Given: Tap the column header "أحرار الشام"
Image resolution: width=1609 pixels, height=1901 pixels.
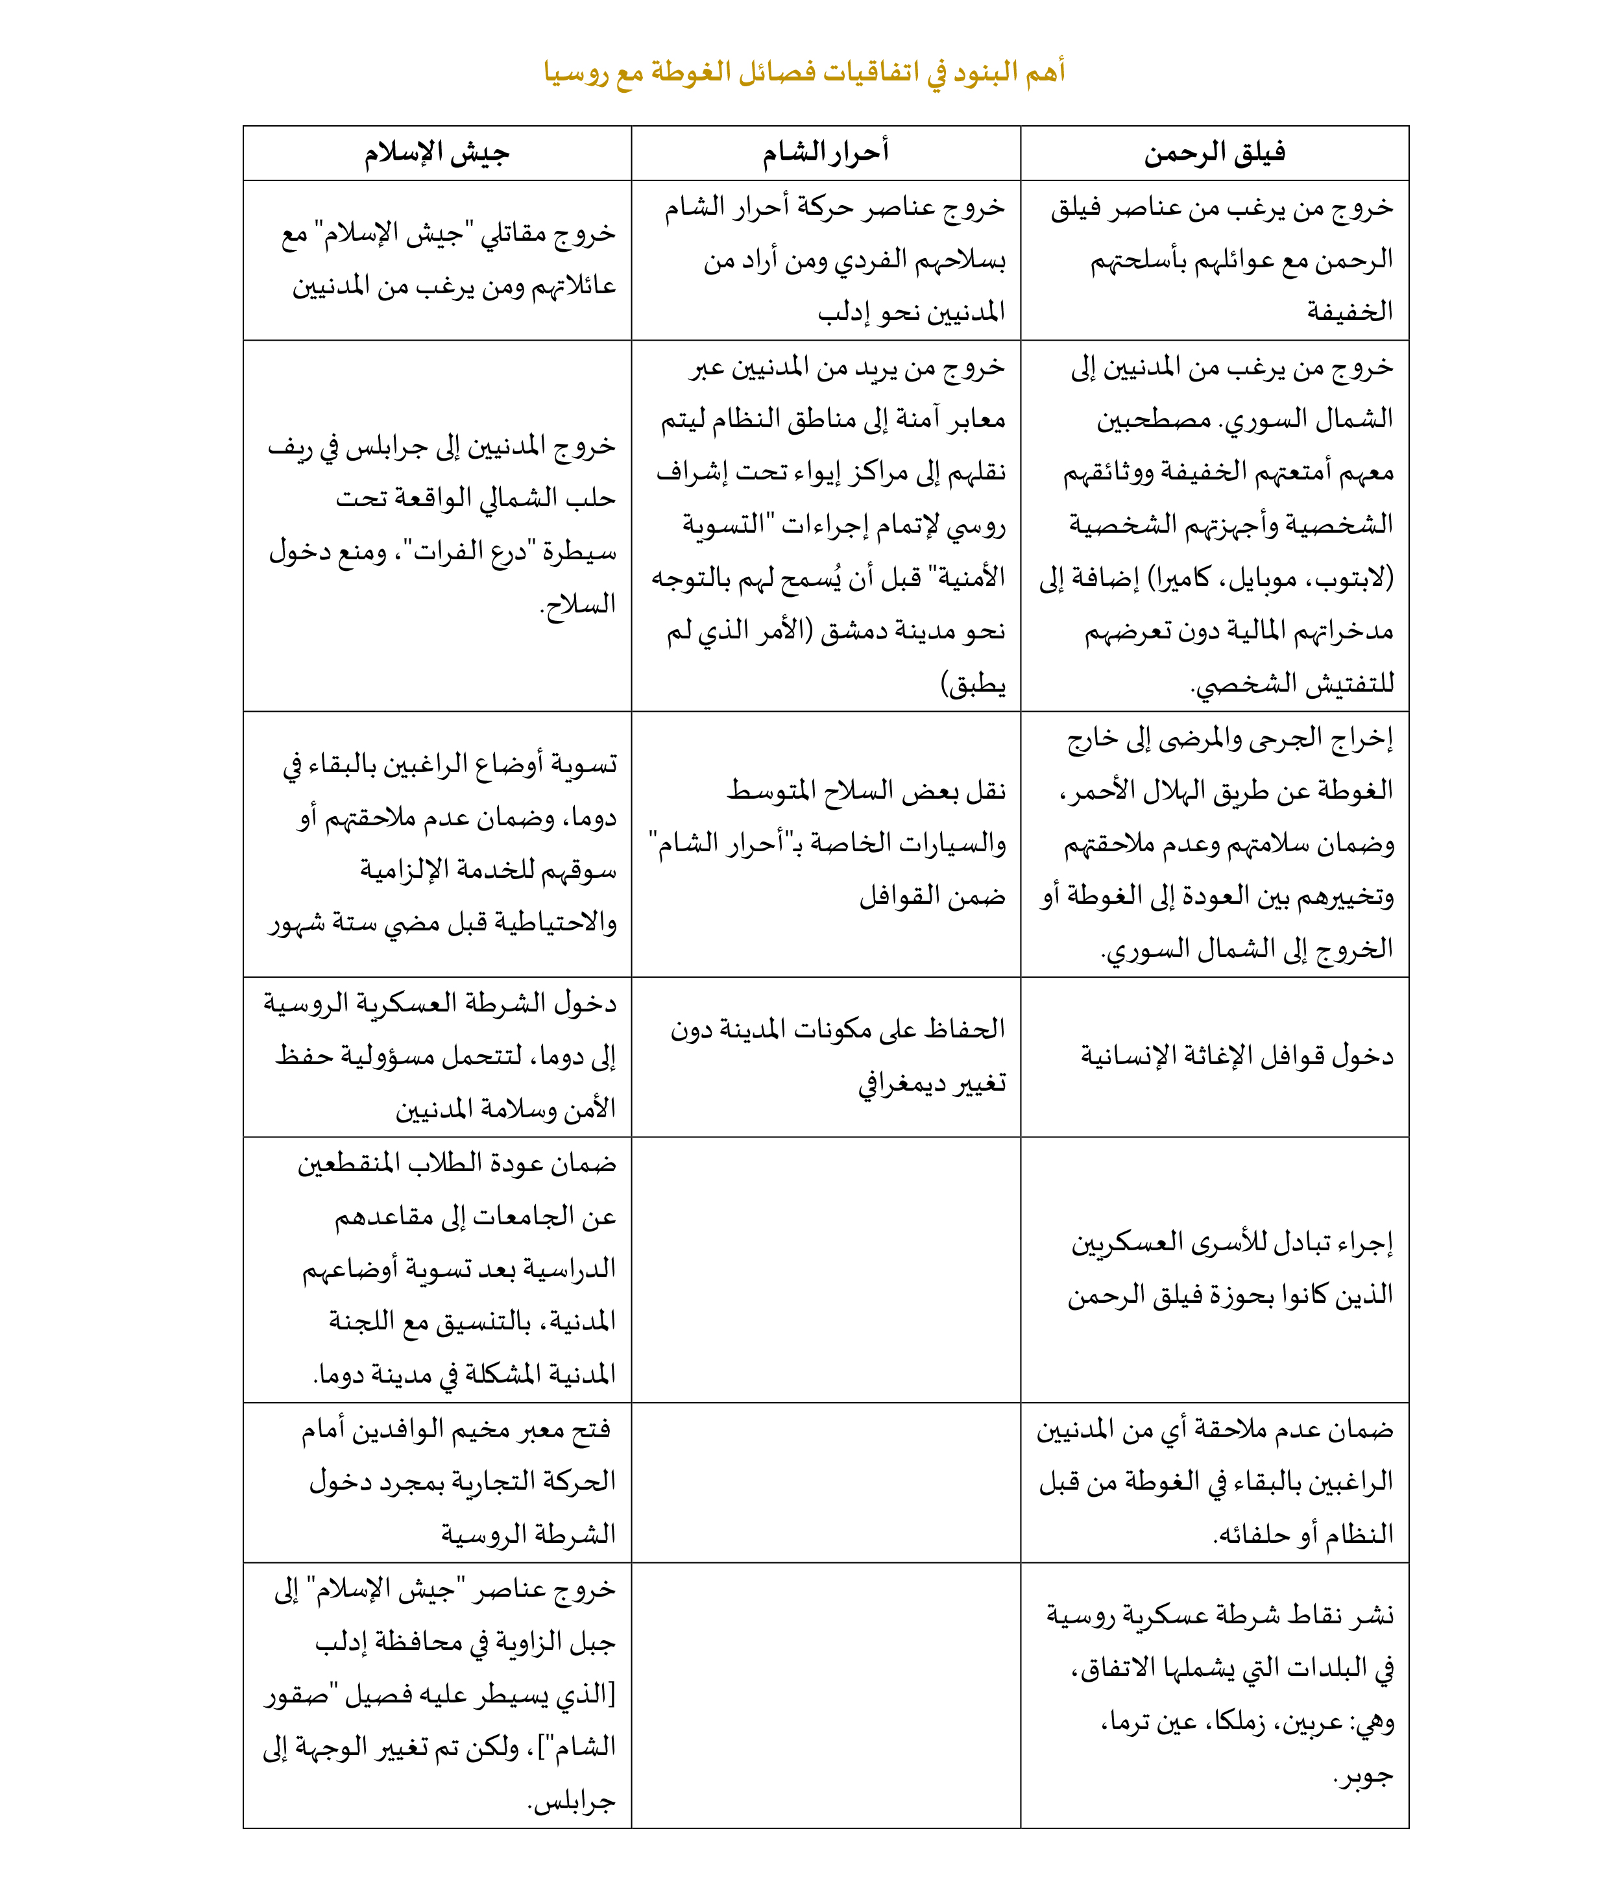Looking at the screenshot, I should click(x=825, y=153).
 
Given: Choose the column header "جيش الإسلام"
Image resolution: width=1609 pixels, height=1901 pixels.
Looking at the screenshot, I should click(x=437, y=153).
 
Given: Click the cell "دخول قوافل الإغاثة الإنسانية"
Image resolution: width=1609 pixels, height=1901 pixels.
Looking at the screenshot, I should click(x=1237, y=1056).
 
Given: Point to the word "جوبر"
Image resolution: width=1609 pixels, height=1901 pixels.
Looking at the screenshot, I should click(x=1366, y=1775).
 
